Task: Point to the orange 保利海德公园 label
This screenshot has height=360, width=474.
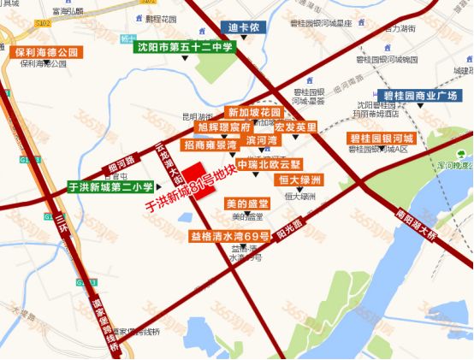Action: pyautogui.click(x=47, y=52)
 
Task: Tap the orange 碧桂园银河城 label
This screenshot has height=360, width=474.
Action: pyautogui.click(x=382, y=138)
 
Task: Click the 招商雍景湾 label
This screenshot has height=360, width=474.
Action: pyautogui.click(x=210, y=146)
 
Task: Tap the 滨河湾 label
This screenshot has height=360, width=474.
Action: pyautogui.click(x=262, y=139)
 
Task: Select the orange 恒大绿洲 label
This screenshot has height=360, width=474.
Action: pyautogui.click(x=299, y=180)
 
